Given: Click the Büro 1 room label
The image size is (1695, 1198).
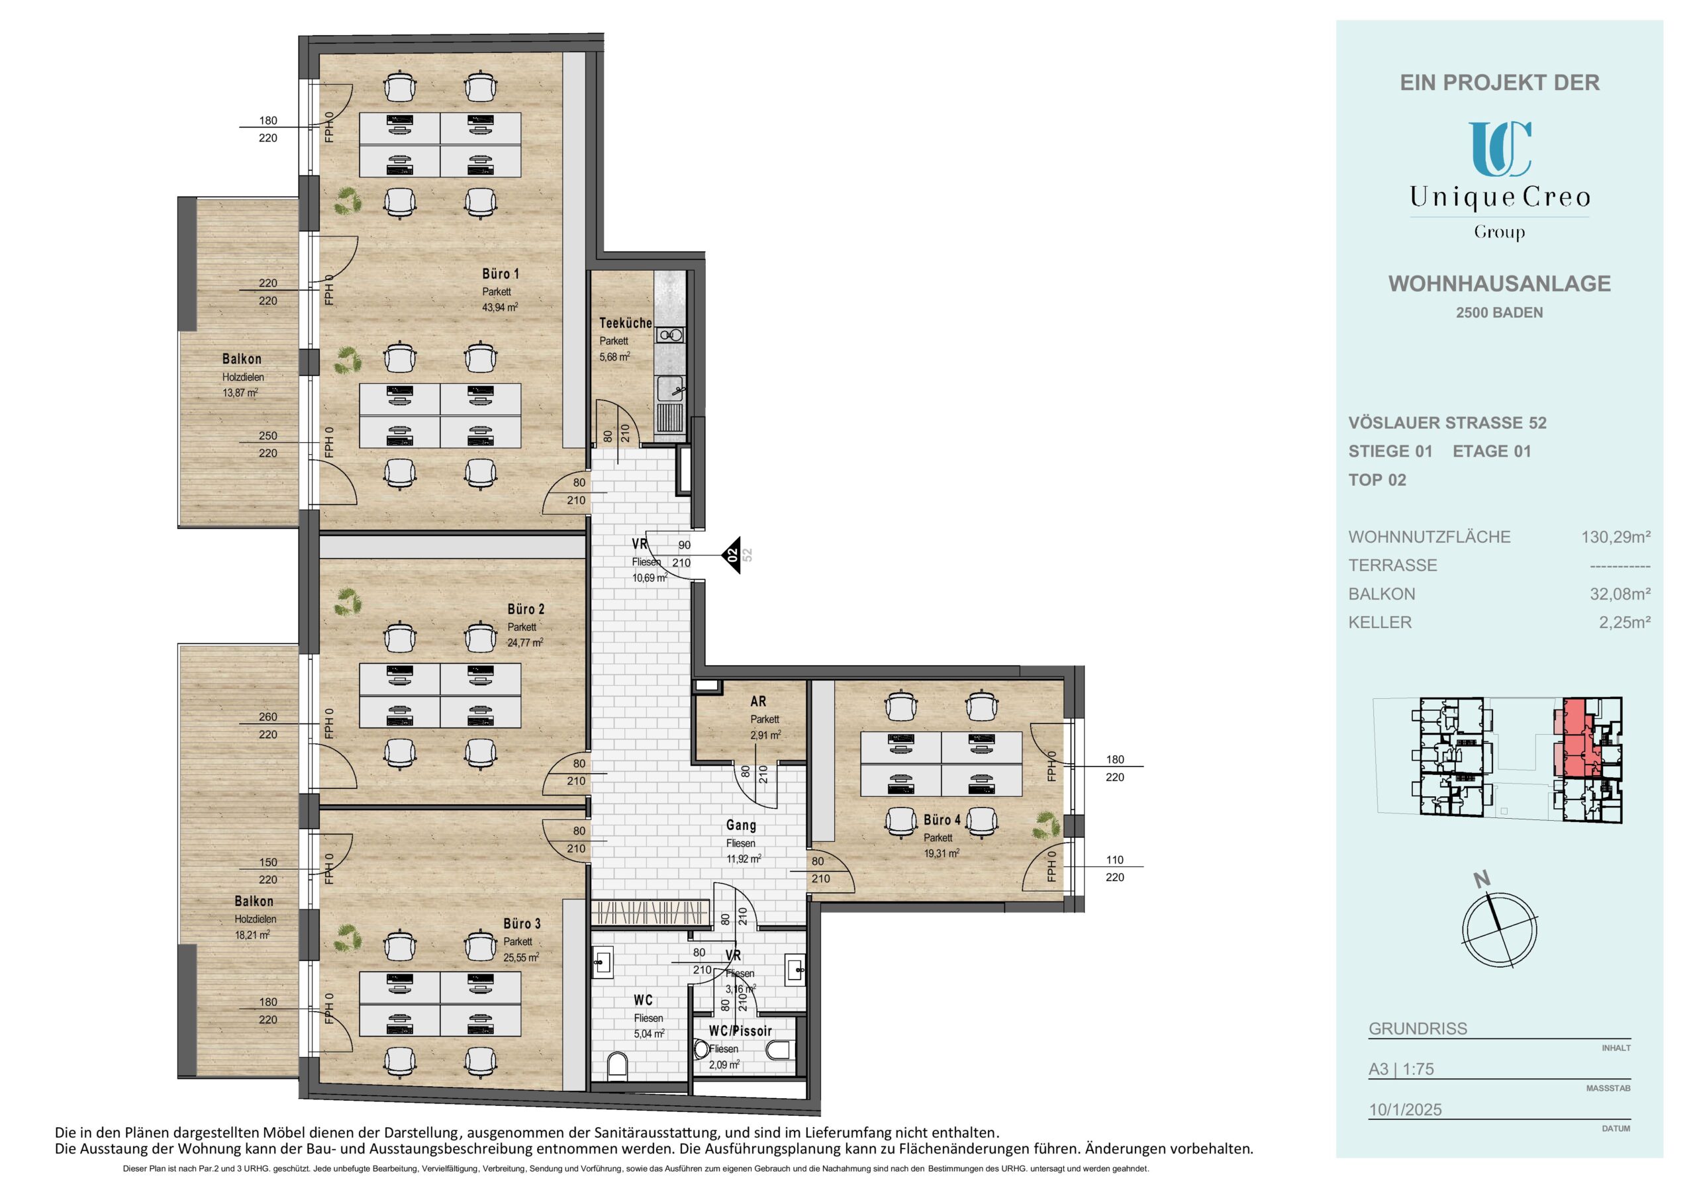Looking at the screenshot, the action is tap(501, 274).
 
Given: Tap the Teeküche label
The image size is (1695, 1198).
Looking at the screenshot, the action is tap(625, 323).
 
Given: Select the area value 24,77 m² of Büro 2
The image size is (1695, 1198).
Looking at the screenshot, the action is tap(525, 643).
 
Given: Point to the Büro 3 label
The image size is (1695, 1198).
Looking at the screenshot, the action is tap(522, 923).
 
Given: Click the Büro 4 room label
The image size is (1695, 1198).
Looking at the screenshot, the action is tap(942, 820).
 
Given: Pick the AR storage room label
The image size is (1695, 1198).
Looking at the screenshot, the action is tap(758, 701).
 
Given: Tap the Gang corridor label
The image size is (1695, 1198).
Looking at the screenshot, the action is tap(740, 825).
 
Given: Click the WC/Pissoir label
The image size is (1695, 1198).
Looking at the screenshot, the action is tap(740, 1031).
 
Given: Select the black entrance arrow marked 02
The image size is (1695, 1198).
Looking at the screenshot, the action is tap(731, 555).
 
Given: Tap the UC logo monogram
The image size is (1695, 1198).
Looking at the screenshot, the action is tap(1500, 149).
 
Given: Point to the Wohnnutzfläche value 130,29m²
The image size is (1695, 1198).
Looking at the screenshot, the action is tap(1616, 537).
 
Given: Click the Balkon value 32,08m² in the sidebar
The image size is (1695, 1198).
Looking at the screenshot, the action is tap(1620, 594).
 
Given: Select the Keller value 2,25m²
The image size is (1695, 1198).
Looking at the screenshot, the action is tap(1625, 622).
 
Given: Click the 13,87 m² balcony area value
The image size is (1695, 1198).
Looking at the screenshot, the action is tap(240, 392).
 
